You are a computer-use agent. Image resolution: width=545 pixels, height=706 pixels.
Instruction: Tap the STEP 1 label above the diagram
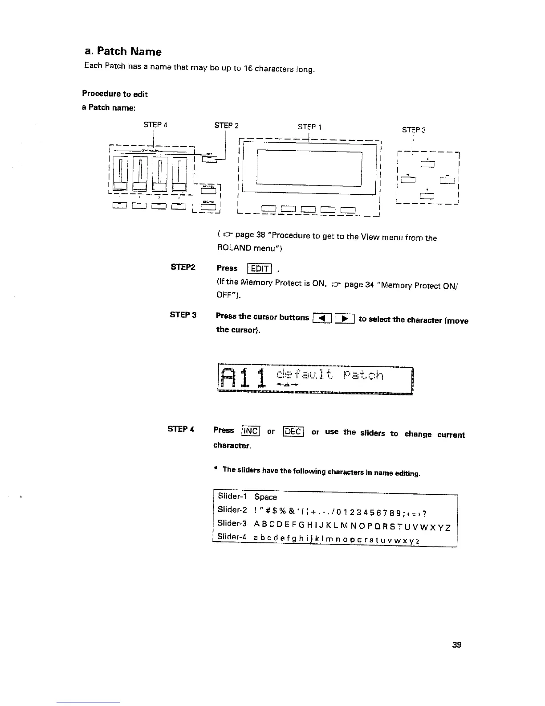point(309,127)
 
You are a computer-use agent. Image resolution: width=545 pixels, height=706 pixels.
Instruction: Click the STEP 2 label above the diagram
point(226,125)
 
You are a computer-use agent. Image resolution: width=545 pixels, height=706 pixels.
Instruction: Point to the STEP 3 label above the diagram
point(414,130)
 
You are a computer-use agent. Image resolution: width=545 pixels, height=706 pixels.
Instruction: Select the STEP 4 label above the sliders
point(155,125)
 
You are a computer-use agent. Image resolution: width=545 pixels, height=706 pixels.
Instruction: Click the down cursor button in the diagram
point(427,195)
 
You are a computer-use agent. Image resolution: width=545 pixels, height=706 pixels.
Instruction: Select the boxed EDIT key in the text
point(259,268)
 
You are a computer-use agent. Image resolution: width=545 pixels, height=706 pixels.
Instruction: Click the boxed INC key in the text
point(250,431)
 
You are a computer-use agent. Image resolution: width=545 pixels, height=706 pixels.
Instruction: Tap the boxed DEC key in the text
point(293,431)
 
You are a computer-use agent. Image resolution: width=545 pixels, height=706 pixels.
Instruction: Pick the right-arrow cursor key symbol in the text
point(344,319)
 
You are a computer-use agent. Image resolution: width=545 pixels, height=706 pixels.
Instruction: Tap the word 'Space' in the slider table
point(265,497)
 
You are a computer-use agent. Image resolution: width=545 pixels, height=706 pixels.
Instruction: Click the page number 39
point(456,645)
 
